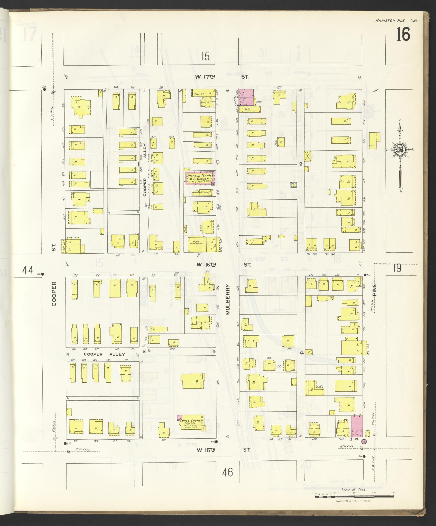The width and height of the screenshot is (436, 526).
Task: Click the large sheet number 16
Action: click(x=403, y=34)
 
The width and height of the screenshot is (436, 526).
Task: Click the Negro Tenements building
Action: click(x=197, y=243)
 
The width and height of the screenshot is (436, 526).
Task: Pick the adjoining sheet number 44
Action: click(x=28, y=270)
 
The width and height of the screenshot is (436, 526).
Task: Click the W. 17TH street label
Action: click(x=205, y=76)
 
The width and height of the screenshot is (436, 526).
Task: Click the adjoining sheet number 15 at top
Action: click(x=206, y=56)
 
